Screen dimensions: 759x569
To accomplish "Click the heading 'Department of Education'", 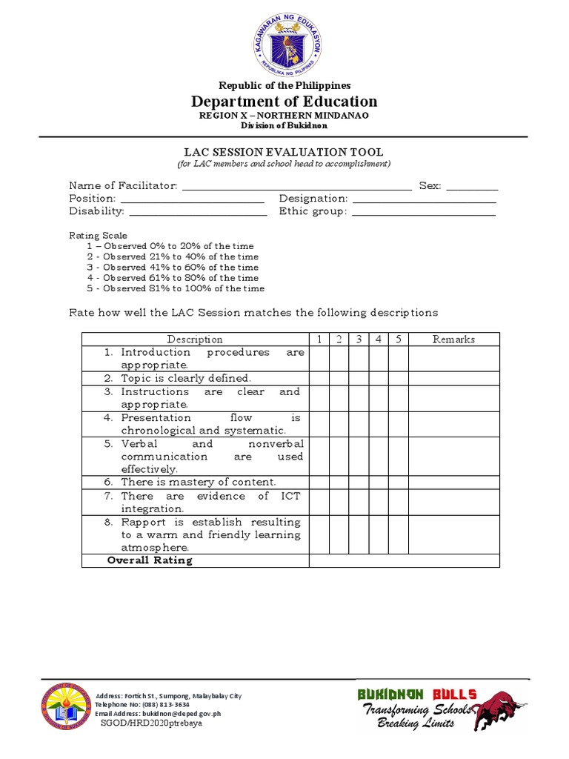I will coord(284,102).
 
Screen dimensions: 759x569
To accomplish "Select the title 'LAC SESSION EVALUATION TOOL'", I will coord(284,152).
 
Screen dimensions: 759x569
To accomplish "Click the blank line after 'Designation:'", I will coord(424,199).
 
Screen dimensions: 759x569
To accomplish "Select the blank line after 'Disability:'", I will coord(198,213).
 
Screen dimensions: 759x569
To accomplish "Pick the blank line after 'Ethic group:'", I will coord(424,213).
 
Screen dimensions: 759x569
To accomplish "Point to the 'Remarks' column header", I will coord(453,339).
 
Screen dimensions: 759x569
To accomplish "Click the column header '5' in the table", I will coord(398,339).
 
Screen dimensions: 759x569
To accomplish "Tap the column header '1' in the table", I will coord(319,339).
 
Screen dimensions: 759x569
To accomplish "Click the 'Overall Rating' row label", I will coord(150,560).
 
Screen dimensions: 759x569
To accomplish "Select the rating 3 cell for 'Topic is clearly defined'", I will coord(359,379).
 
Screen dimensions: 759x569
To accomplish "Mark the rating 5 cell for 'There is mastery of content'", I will coord(398,483).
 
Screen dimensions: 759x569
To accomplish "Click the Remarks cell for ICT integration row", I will coord(453,503).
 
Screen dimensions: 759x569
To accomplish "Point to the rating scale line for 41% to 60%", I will coord(173,268).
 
